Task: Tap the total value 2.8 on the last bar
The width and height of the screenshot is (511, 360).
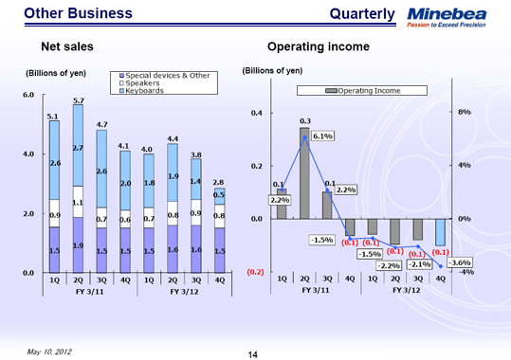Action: pos(219,181)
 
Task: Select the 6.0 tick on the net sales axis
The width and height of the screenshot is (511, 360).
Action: pos(28,95)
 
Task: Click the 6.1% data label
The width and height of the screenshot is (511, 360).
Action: pos(321,136)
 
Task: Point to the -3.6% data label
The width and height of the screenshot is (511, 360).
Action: pos(462,261)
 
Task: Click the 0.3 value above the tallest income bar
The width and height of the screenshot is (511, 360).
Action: pos(304,121)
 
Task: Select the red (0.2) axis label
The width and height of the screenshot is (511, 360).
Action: pos(254,272)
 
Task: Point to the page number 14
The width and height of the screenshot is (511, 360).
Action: pos(253,353)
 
